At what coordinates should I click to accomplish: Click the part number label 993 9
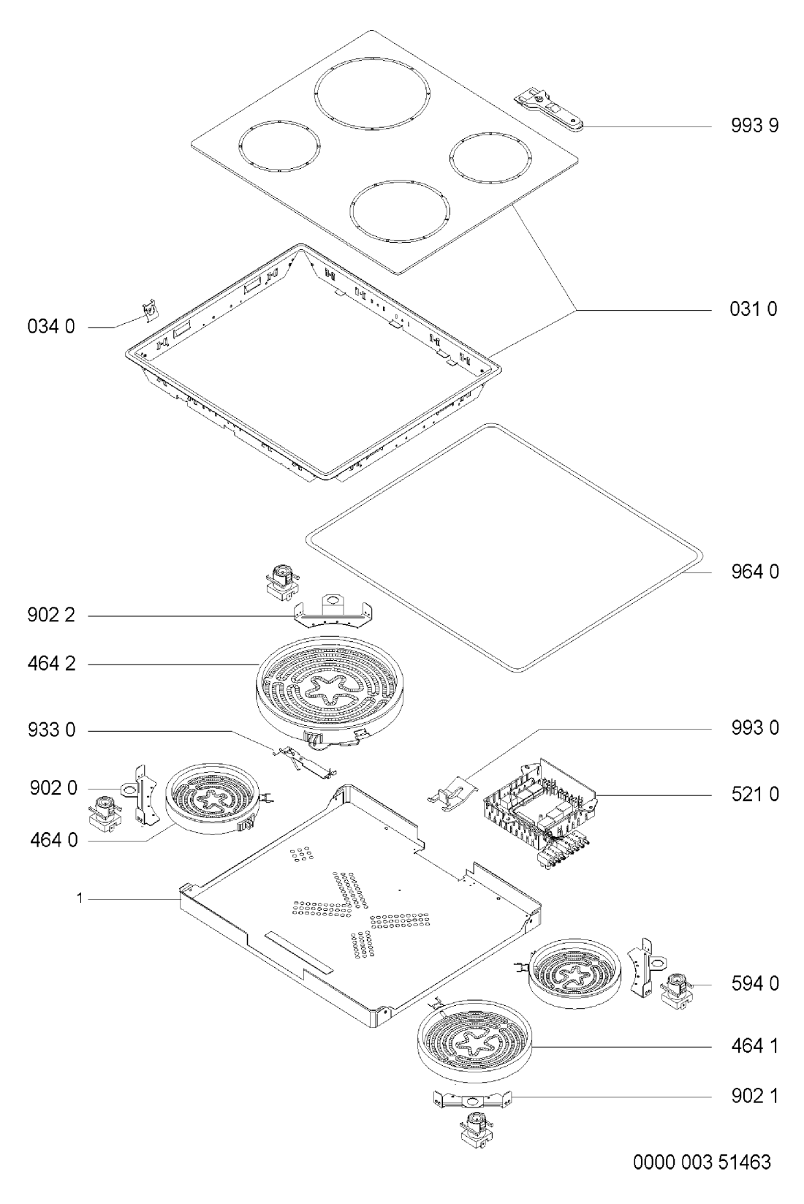[754, 126]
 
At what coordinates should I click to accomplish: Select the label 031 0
[754, 309]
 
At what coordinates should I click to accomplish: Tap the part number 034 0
[51, 326]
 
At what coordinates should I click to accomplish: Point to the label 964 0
[754, 572]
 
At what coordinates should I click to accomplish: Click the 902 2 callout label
[51, 615]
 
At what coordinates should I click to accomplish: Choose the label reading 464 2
[51, 664]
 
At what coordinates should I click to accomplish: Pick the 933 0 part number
[51, 730]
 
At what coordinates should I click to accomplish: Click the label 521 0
[754, 794]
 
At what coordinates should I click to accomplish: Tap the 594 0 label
[754, 984]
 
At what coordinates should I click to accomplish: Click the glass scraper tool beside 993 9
[549, 111]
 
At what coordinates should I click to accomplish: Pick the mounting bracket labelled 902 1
[472, 1098]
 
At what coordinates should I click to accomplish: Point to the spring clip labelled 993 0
[452, 792]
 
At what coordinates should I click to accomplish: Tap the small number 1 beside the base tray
[80, 898]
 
